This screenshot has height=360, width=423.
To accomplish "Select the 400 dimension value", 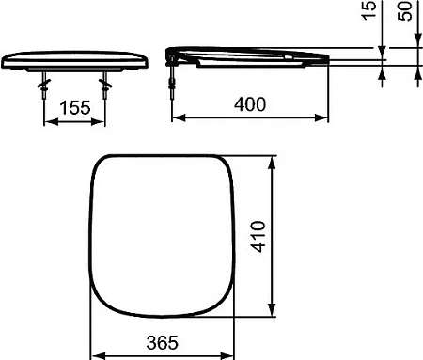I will click(250, 104).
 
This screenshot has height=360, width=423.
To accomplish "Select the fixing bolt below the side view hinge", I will click(173, 82).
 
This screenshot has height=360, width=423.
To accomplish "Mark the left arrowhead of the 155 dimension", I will click(48, 120).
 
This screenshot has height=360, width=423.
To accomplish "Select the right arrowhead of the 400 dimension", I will click(325, 118).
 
